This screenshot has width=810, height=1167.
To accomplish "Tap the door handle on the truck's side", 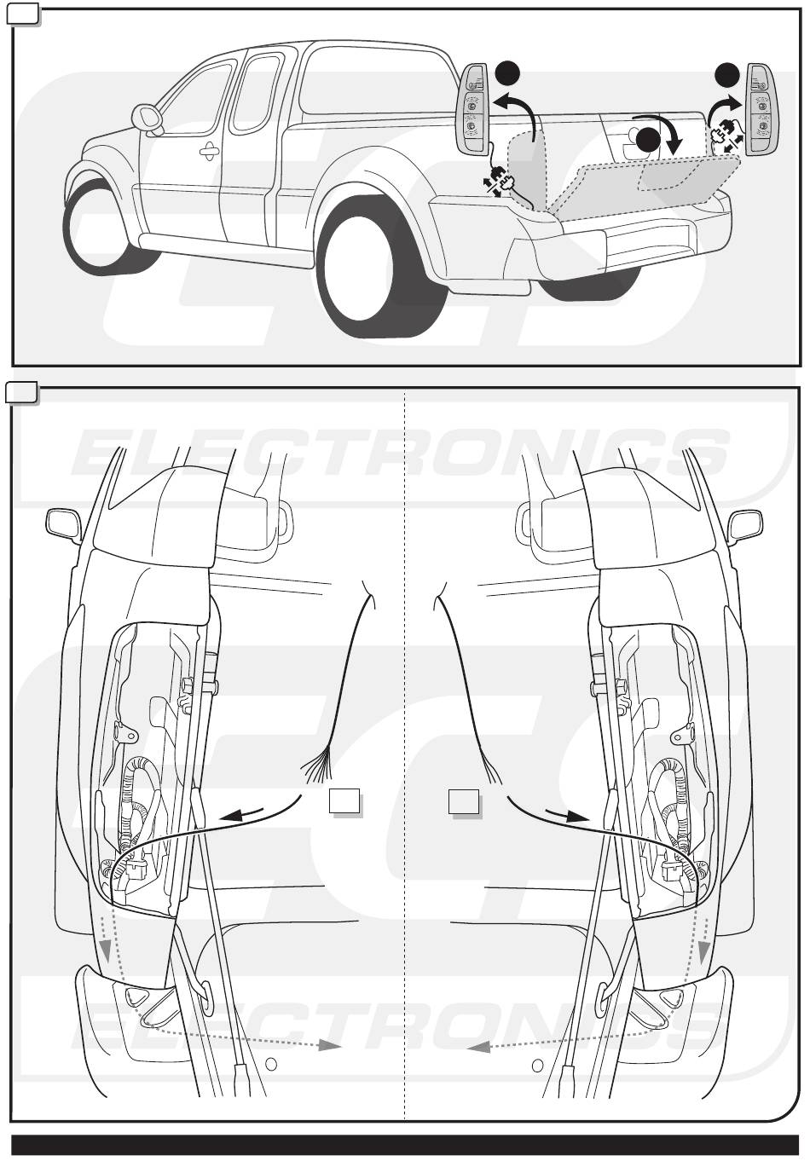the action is [x=211, y=151].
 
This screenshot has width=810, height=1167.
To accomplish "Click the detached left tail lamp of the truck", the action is [x=472, y=108].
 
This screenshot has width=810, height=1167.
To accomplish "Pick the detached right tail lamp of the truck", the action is [x=762, y=109].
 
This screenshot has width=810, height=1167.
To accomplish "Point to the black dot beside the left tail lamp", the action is [x=507, y=73].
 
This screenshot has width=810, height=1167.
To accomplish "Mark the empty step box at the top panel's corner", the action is [x=21, y=14].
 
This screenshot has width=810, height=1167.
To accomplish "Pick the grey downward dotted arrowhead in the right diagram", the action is [x=703, y=951].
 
